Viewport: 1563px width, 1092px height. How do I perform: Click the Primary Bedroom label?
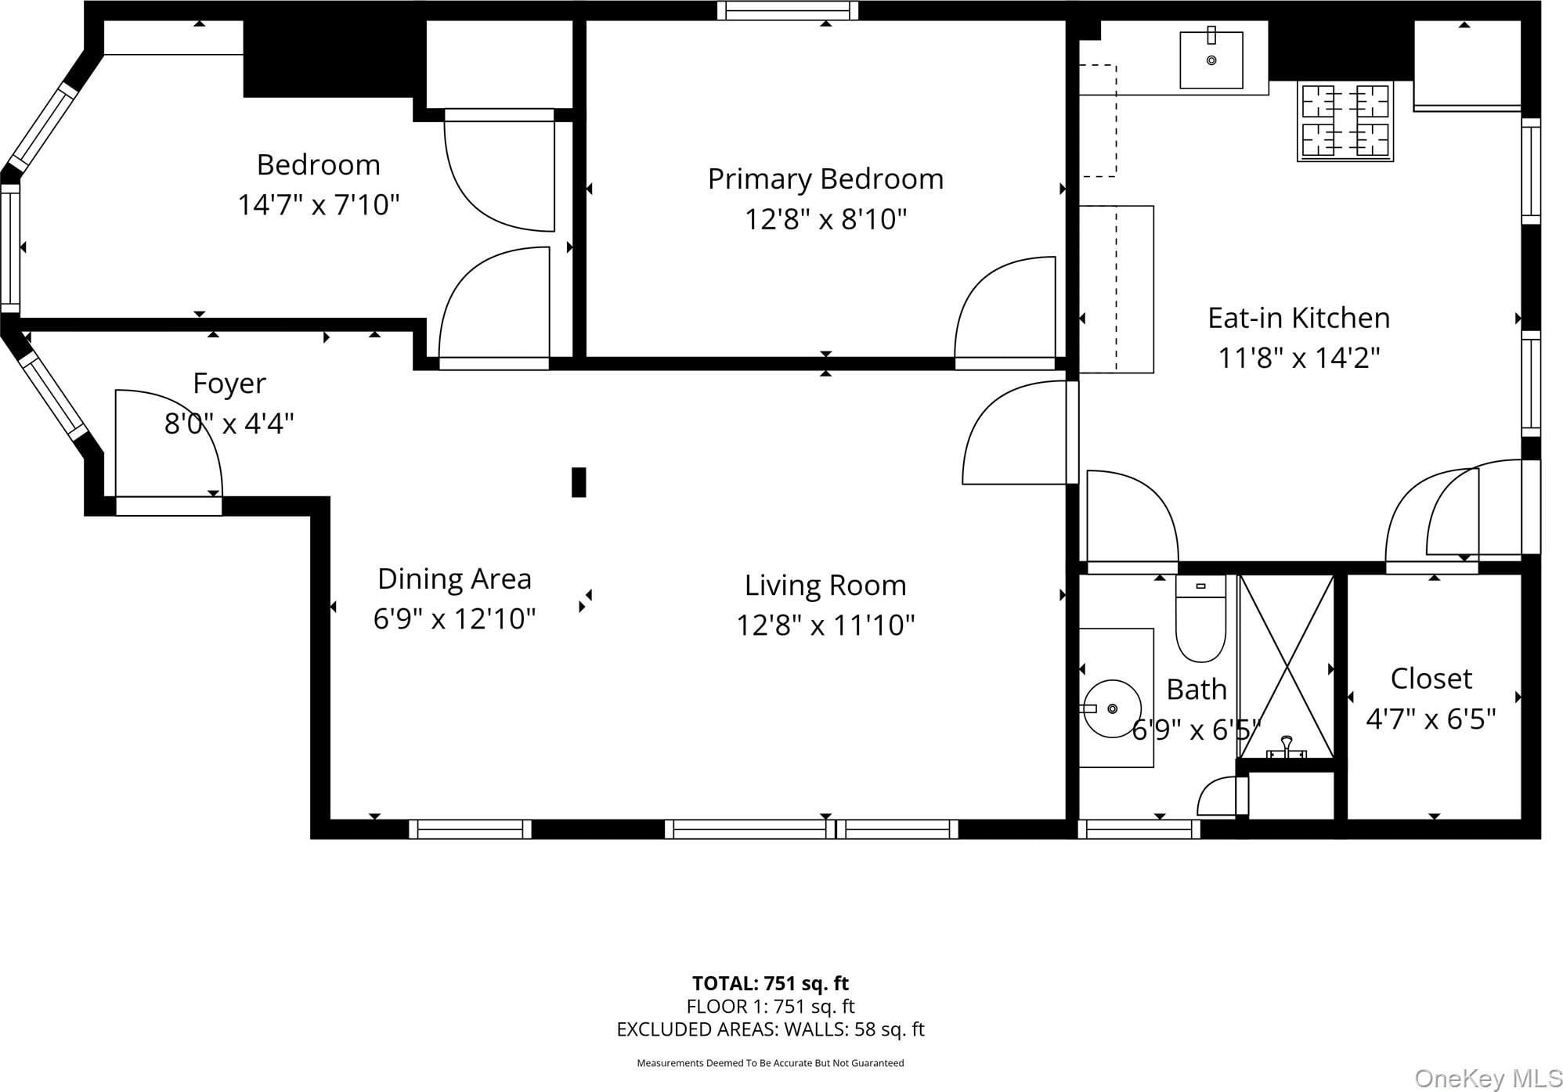pyautogui.click(x=825, y=179)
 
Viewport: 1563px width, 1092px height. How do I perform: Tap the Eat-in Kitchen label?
pyautogui.click(x=1298, y=318)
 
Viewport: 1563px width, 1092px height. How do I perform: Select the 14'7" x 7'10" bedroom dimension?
pyautogui.click(x=319, y=205)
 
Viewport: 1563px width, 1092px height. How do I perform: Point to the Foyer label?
pyautogui.click(x=229, y=384)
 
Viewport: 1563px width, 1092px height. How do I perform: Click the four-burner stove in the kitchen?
pyautogui.click(x=1345, y=121)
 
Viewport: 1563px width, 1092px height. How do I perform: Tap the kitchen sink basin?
pyautogui.click(x=1211, y=59)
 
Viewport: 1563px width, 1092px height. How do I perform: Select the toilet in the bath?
pyautogui.click(x=1200, y=618)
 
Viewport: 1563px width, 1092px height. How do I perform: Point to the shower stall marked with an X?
pyautogui.click(x=1286, y=666)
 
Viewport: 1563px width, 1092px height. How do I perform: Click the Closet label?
pyautogui.click(x=1431, y=679)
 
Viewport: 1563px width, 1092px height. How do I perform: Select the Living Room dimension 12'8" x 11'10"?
pyautogui.click(x=825, y=625)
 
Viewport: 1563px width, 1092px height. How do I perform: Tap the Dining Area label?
pyautogui.click(x=454, y=579)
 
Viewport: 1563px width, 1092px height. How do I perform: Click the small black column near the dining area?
pyautogui.click(x=579, y=482)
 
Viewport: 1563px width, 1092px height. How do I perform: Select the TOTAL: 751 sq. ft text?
pyautogui.click(x=771, y=983)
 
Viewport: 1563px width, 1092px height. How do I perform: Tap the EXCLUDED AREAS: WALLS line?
pyautogui.click(x=771, y=1029)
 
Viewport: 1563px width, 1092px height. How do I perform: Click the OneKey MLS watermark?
pyautogui.click(x=1488, y=1078)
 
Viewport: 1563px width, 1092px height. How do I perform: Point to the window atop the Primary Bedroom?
pyautogui.click(x=788, y=11)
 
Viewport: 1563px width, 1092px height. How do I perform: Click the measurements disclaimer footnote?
pyautogui.click(x=771, y=1063)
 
